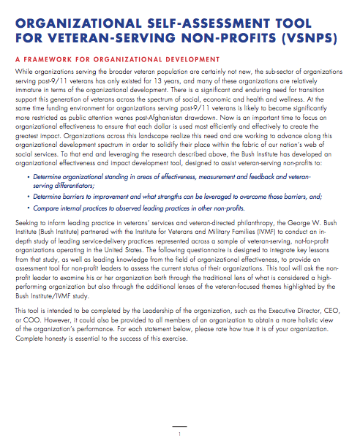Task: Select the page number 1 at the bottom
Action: coord(179,434)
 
